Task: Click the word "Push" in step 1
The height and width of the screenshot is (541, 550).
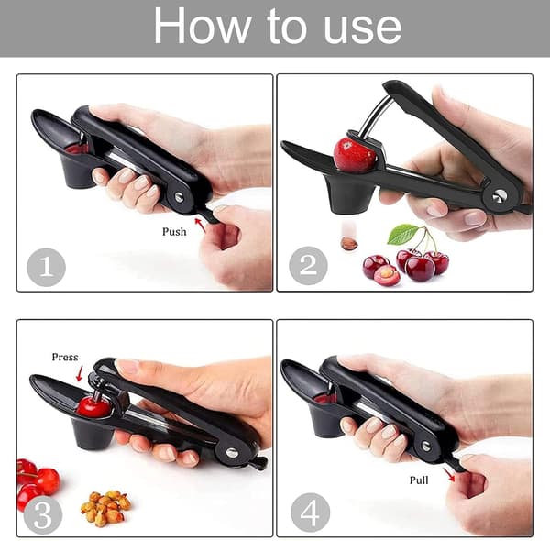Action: (x=174, y=232)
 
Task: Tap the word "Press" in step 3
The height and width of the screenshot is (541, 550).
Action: (x=65, y=358)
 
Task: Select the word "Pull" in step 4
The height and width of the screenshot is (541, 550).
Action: (x=419, y=480)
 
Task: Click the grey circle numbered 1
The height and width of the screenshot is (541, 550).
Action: (x=47, y=268)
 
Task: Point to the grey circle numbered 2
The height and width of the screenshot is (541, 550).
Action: (x=308, y=266)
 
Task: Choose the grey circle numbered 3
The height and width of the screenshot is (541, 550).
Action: (x=43, y=515)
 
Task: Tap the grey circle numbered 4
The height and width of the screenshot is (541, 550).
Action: (x=310, y=513)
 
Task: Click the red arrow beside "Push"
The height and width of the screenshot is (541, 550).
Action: (x=200, y=225)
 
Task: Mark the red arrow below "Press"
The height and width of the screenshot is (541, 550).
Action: (x=80, y=373)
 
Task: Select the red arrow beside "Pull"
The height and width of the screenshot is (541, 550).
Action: (x=448, y=474)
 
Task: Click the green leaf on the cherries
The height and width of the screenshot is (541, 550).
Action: (x=402, y=234)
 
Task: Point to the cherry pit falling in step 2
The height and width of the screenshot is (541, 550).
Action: (x=349, y=244)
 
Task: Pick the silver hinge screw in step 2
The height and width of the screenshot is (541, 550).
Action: (x=500, y=196)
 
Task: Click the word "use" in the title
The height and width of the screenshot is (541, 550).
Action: (x=362, y=28)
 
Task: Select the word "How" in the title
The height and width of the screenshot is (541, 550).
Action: (x=203, y=26)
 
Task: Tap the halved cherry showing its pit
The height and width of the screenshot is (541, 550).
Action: (x=387, y=275)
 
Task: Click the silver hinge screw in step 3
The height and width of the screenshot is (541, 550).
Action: (x=232, y=453)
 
